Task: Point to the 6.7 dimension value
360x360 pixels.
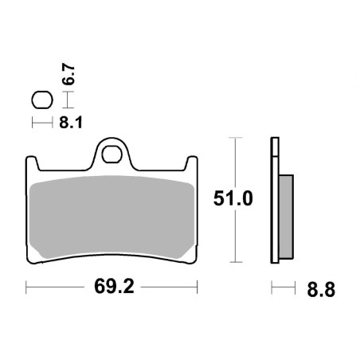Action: pos(70,76)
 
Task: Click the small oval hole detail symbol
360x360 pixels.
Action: pos(41,100)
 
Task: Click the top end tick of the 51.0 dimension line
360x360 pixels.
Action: pos(234,137)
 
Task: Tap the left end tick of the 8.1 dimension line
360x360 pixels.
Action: pos(33,123)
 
